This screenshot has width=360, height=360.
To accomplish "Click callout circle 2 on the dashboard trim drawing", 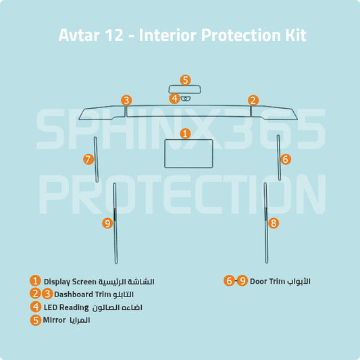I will [x=253, y=101].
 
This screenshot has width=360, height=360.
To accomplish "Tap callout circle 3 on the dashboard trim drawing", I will [x=126, y=101].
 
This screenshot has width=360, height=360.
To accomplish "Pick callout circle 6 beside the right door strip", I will [x=286, y=159].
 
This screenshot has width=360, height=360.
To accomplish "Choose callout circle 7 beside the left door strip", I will [x=88, y=159].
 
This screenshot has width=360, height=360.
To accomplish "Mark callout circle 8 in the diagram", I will [x=273, y=222].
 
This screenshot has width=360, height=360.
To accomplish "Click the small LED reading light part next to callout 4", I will [x=186, y=99].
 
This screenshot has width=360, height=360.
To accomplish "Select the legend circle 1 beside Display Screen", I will [x=35, y=280].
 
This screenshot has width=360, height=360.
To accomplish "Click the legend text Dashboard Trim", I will [x=83, y=294].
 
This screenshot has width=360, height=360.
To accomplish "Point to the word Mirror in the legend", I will [x=54, y=320].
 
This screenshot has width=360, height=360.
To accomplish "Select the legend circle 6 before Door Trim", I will [x=230, y=280].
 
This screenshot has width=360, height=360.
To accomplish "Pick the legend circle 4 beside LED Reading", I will [x=35, y=307].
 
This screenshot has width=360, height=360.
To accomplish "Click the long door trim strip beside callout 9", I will [x=115, y=223].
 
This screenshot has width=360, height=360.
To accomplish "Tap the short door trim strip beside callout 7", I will [x=97, y=159].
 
